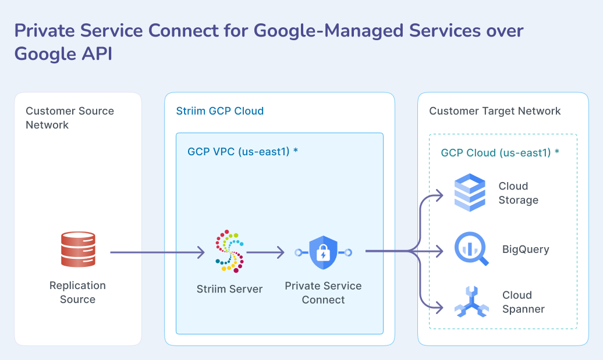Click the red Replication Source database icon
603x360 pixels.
[77, 250]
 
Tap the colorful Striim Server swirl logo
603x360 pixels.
[229, 251]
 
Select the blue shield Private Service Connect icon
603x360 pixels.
[323, 252]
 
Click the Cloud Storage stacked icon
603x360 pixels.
[469, 193]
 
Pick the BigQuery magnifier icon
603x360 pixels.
[470, 249]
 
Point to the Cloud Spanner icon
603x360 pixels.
[471, 302]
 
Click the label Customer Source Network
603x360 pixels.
[69, 118]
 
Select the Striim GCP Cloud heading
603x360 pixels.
[219, 111]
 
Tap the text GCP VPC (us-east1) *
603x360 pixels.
[243, 152]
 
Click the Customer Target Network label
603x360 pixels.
[495, 111]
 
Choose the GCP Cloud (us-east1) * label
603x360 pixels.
[500, 153]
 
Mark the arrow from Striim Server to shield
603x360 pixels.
[265, 252]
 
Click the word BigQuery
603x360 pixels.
[525, 249]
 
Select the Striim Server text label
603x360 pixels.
[229, 289]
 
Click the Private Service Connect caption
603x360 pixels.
[323, 293]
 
